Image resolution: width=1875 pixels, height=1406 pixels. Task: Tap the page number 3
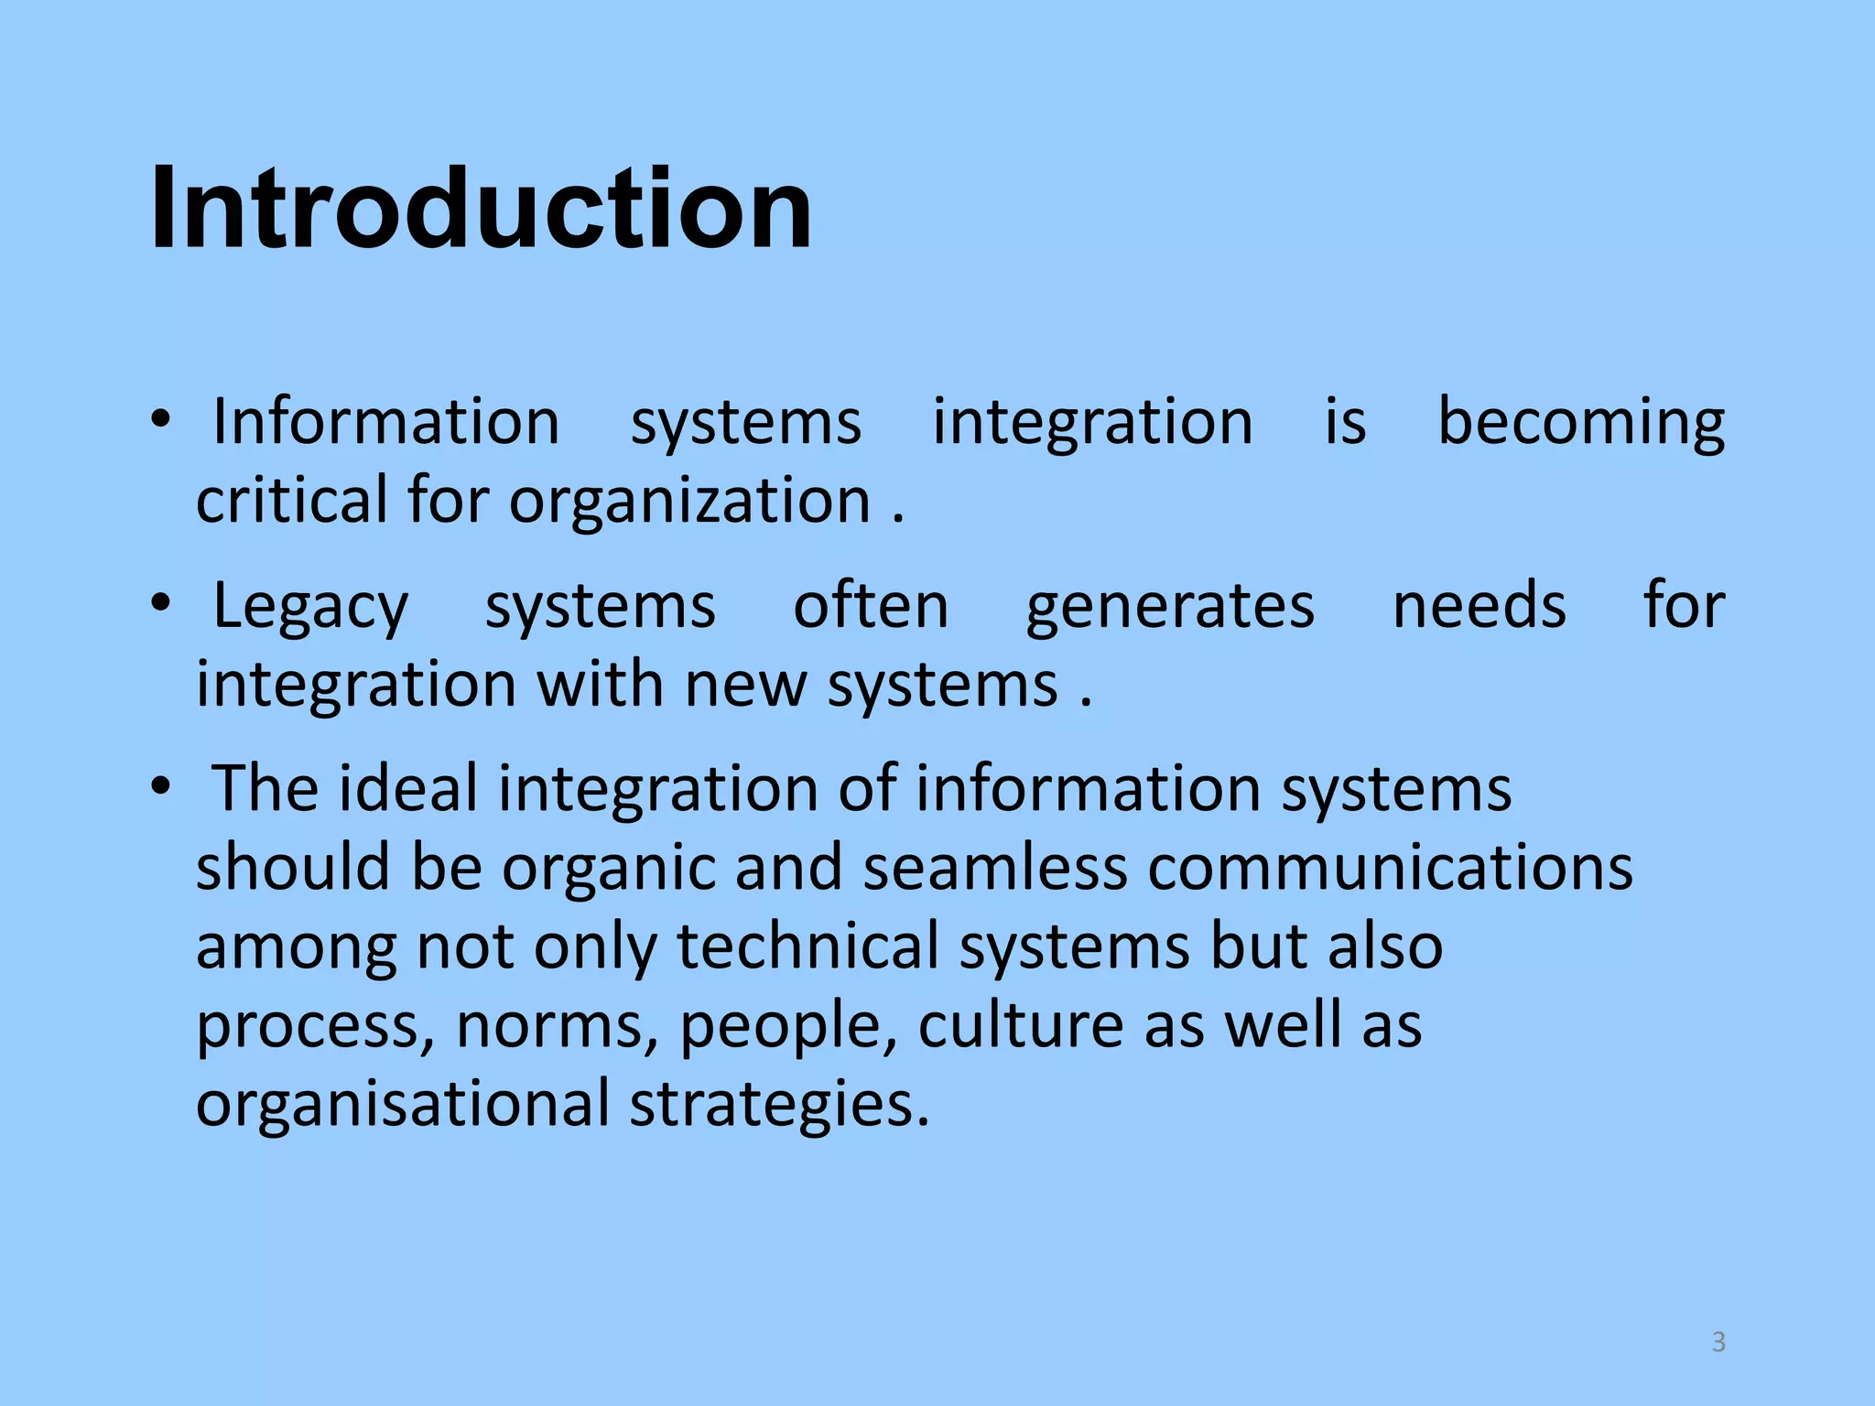[x=1718, y=1342]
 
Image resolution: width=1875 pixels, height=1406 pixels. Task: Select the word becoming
[x=1581, y=423]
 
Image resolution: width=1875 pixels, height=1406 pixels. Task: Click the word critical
[x=292, y=501]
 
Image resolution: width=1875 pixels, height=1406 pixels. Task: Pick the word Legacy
[x=310, y=608]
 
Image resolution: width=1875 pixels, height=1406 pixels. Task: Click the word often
[x=871, y=606]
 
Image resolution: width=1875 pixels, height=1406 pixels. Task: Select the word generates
[x=1170, y=608]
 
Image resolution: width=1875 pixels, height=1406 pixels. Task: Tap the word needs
[x=1479, y=606]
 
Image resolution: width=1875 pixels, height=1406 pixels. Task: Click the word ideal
[x=408, y=788]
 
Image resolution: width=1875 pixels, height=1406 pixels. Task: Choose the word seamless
[x=994, y=867]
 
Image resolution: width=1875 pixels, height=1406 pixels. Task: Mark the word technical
[x=808, y=946]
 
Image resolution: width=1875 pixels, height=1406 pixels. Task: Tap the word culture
[x=1020, y=1024]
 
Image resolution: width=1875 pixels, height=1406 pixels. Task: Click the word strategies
[x=779, y=1104]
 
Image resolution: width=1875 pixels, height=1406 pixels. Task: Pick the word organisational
[x=403, y=1102]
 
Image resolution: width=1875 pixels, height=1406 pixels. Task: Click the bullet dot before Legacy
[x=161, y=603]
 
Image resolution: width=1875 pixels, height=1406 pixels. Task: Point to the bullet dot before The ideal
[x=161, y=786]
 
